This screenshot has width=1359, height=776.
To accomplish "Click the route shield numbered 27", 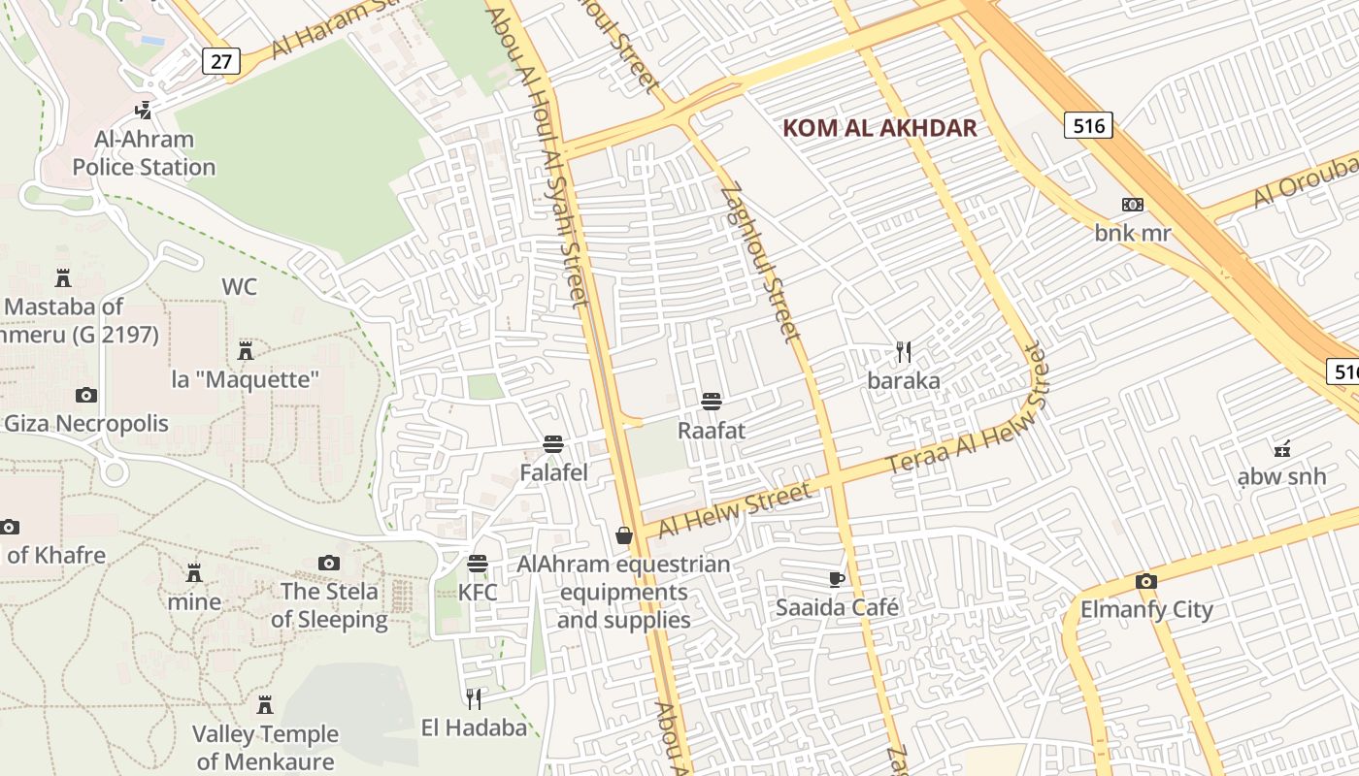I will click(221, 62).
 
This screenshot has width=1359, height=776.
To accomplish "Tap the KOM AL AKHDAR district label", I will click(879, 128).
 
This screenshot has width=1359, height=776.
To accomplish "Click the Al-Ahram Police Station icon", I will click(144, 110).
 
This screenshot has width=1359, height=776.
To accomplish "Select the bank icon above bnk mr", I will click(1132, 205).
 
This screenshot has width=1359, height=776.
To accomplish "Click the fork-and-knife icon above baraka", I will click(903, 352).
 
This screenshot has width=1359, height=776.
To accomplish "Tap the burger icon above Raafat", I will click(712, 402).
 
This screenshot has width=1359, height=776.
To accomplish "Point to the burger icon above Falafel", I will click(553, 445).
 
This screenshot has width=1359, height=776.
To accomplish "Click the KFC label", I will click(477, 592).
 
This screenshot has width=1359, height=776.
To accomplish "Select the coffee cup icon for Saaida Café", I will click(836, 579).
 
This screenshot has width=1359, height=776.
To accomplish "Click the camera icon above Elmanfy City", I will click(1146, 582).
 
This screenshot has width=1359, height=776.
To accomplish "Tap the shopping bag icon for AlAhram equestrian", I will click(624, 535).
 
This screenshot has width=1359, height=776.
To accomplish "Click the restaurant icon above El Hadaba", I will click(474, 698).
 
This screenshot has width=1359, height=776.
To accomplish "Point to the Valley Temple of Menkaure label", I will click(265, 748).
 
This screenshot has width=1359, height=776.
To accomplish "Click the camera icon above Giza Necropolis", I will click(86, 395).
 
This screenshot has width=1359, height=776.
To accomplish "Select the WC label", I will click(240, 287).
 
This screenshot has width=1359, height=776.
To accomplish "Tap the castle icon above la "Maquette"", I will click(246, 350).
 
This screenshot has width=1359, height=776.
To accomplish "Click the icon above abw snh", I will click(1281, 448).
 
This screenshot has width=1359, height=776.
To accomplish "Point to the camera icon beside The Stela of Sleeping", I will click(329, 564).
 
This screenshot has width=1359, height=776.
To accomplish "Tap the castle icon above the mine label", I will click(194, 572).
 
